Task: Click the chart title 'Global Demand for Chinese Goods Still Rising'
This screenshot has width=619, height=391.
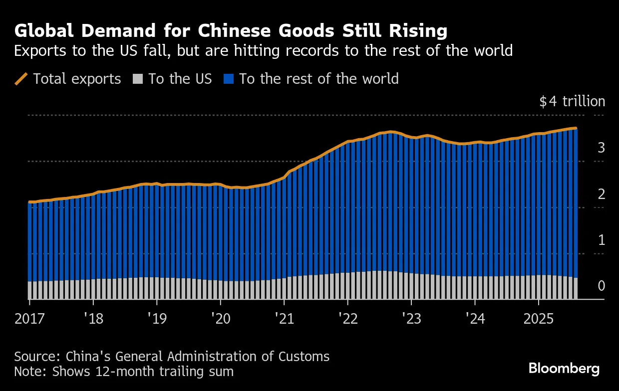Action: click(x=231, y=31)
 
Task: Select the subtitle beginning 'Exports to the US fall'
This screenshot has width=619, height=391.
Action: click(x=263, y=51)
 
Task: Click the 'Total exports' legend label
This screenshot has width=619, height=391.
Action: click(x=77, y=79)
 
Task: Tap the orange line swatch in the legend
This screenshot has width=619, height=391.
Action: click(x=21, y=79)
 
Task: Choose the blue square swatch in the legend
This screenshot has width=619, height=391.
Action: click(x=229, y=79)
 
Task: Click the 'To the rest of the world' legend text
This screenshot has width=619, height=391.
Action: click(x=318, y=79)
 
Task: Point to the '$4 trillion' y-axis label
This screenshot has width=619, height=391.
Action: click(x=572, y=102)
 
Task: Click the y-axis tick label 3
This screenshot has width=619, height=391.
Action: click(x=602, y=148)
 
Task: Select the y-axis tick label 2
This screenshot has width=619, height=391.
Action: click(x=602, y=195)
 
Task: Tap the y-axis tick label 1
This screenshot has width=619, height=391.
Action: click(x=602, y=240)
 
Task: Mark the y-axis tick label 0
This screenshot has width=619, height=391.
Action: click(x=602, y=286)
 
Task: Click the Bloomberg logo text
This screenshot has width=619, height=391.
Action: click(x=564, y=369)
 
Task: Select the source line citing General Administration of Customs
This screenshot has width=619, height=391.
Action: click(x=172, y=357)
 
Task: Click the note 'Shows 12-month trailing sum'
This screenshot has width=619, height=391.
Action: click(x=124, y=372)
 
